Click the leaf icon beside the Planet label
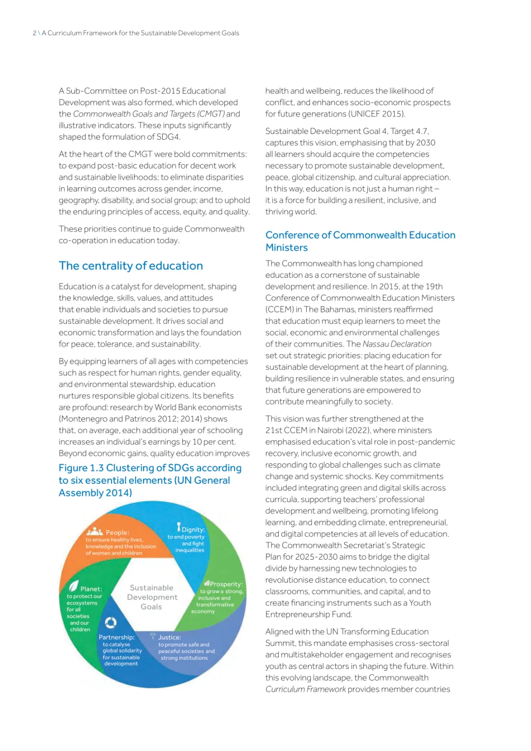(74, 586)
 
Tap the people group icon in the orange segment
(94, 532)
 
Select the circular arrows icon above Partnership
(111, 623)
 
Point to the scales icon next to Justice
(153, 636)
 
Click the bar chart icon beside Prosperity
(207, 583)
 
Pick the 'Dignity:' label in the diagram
(193, 530)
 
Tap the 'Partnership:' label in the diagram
(117, 637)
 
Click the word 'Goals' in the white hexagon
(151, 607)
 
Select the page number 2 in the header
(34, 33)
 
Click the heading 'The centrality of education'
(131, 266)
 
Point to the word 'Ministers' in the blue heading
(287, 247)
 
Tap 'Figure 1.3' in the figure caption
(81, 468)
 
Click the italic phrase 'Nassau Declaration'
(397, 344)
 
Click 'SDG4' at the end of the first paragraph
(168, 137)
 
